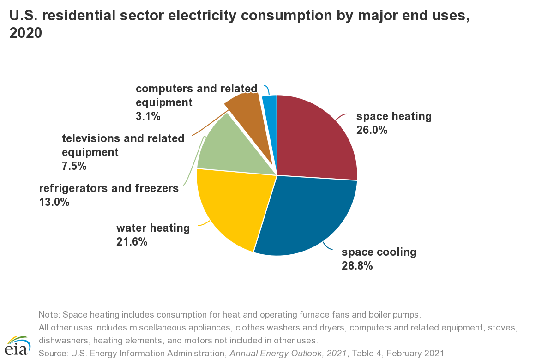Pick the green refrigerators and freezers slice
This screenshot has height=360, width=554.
[231, 148]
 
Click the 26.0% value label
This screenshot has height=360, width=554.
[372, 130]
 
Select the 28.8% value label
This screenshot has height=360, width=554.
[357, 266]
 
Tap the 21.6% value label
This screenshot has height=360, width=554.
[132, 241]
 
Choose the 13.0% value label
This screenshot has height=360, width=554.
[54, 202]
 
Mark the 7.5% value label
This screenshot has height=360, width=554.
[74, 166]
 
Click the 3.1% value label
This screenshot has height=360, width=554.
[148, 116]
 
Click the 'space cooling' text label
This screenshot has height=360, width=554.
[379, 252]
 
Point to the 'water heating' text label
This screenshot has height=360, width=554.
[153, 228]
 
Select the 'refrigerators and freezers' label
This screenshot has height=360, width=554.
[108, 188]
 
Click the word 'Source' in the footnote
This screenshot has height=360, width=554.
[53, 354]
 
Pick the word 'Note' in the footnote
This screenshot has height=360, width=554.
[48, 315]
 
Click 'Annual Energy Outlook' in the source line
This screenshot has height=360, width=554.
[267, 354]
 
